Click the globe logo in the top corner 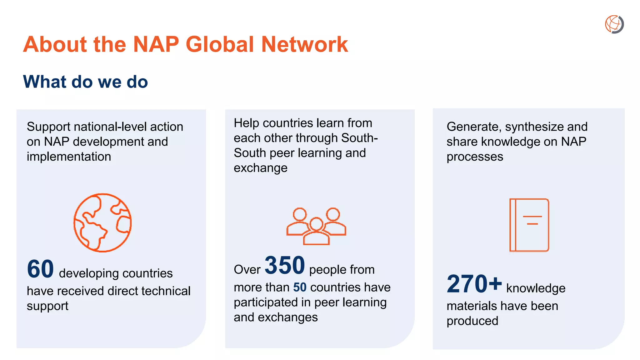(x=614, y=24)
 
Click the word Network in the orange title (x=304, y=44)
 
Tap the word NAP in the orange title (x=156, y=44)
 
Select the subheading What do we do (x=85, y=82)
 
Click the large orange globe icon (x=102, y=222)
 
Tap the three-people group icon (x=316, y=226)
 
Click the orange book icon (x=529, y=225)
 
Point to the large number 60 (x=40, y=269)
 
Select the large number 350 (x=285, y=265)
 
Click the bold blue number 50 (x=300, y=287)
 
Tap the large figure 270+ (x=474, y=284)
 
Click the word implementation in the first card (x=69, y=157)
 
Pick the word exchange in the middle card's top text (x=260, y=168)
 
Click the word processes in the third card (x=475, y=157)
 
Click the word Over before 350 (x=247, y=270)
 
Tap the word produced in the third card (x=472, y=321)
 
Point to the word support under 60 (x=47, y=306)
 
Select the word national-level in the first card (x=110, y=127)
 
